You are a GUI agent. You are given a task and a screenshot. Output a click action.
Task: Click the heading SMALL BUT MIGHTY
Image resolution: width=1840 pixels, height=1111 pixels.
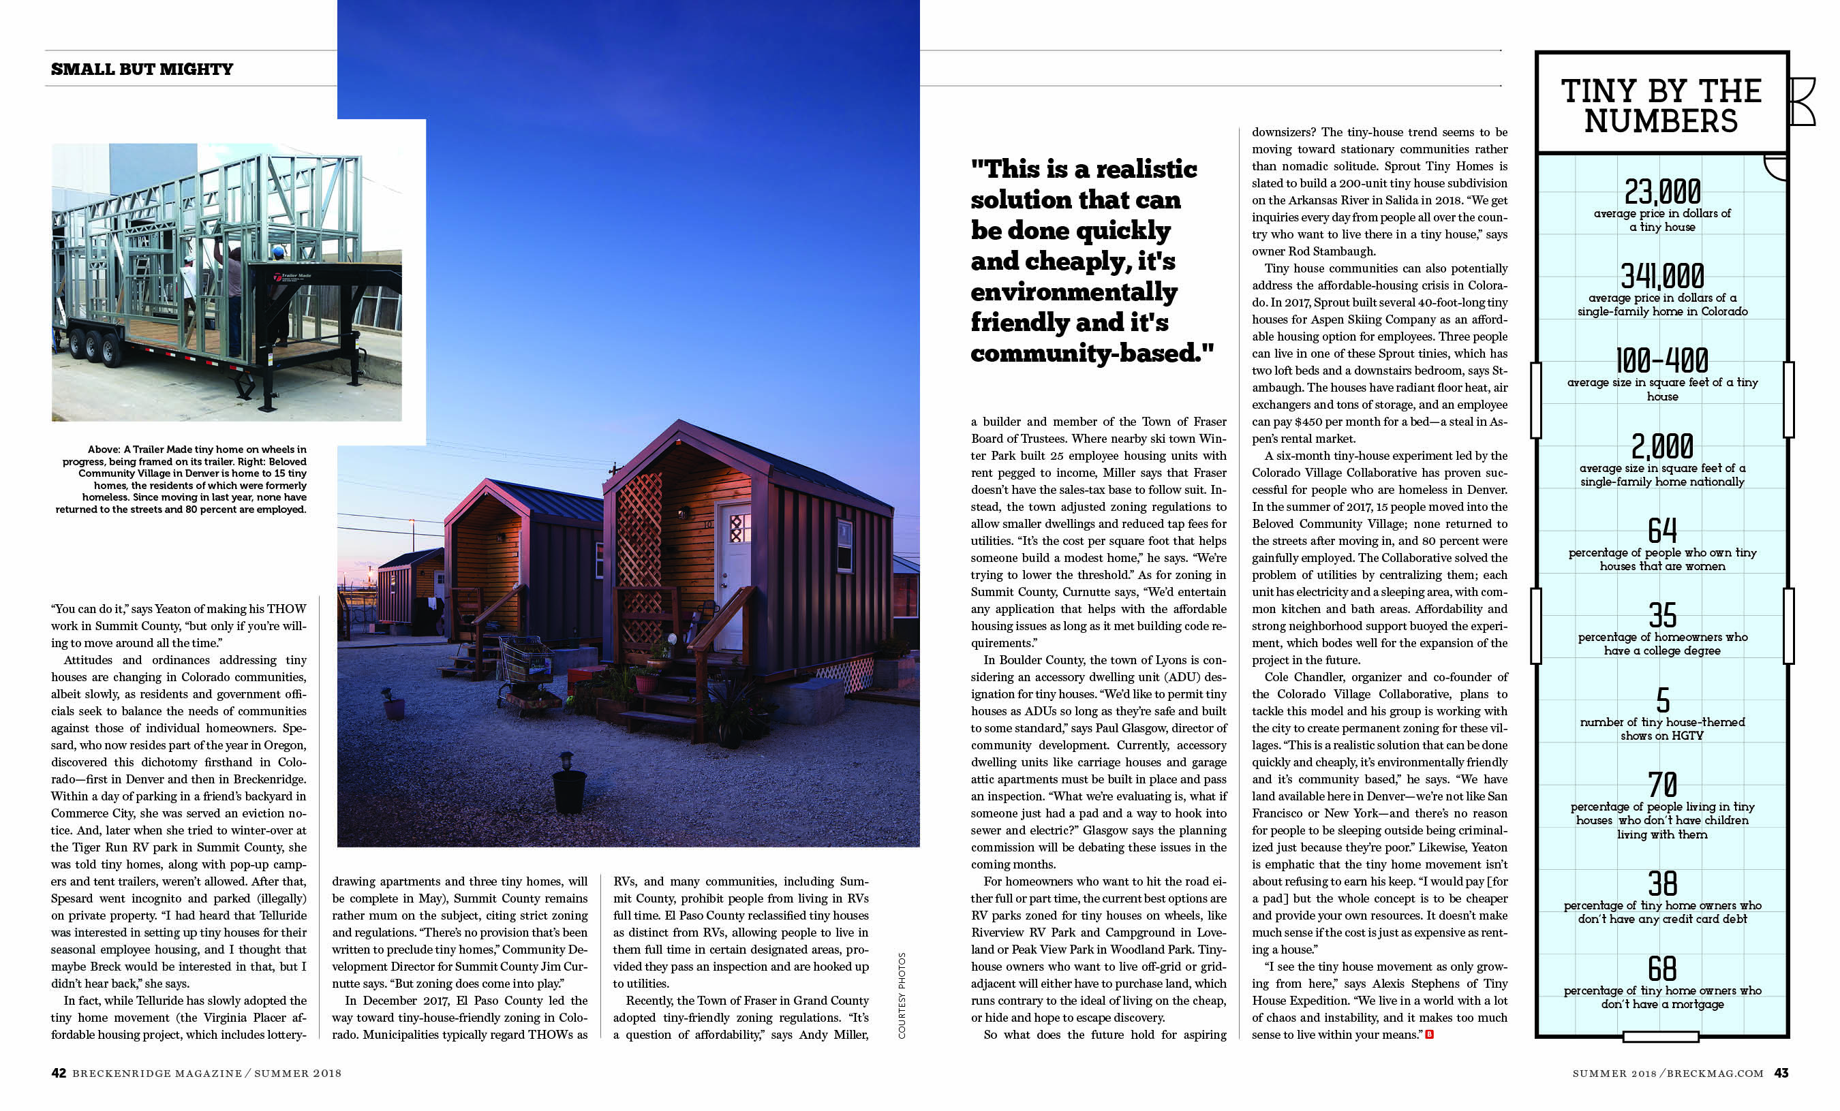point(142,69)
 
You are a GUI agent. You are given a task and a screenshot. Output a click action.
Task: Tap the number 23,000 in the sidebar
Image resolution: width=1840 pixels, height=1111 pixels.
point(1662,193)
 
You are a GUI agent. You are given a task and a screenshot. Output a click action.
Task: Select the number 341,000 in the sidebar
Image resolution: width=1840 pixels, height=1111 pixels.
point(1662,277)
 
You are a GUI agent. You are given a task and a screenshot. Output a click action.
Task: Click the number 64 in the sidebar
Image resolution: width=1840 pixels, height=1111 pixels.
point(1662,531)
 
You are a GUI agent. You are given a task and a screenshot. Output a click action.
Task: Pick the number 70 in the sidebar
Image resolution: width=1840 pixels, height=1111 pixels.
point(1662,785)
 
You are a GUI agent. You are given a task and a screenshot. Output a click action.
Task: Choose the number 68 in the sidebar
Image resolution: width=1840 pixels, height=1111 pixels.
point(1662,969)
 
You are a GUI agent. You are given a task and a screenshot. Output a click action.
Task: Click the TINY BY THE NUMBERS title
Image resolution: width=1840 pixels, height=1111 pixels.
point(1661,106)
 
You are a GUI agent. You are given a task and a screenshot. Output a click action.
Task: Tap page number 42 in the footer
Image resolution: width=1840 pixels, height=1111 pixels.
point(58,1073)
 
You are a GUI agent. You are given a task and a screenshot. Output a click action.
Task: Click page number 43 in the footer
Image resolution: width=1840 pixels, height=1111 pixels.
point(1781,1073)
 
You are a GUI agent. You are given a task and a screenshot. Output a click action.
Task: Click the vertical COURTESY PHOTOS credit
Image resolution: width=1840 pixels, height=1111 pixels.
point(902,995)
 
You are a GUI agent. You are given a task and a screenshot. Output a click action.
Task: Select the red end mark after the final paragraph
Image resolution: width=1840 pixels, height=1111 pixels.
point(1429,1034)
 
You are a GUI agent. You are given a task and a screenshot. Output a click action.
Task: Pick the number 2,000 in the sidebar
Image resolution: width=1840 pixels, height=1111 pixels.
point(1662,446)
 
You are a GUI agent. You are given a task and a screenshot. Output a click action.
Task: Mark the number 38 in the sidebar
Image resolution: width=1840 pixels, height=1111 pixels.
point(1662,884)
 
